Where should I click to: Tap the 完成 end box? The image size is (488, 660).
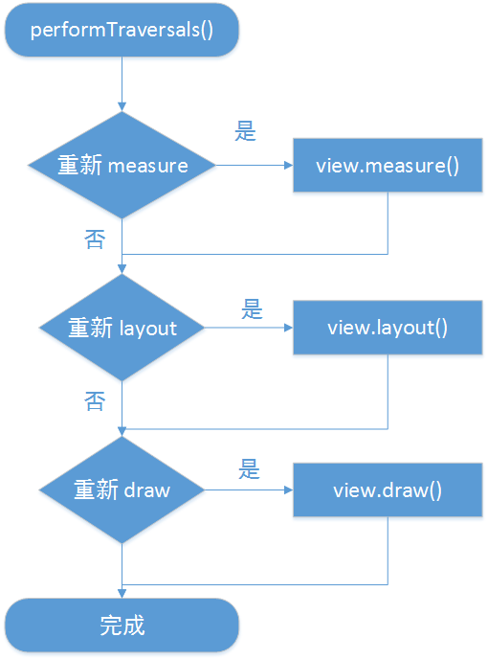(122, 626)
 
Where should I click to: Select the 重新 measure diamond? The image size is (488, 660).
(122, 166)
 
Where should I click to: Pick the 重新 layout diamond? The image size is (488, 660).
(122, 329)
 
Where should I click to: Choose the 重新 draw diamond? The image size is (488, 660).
(122, 490)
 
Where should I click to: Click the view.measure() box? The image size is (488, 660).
(388, 166)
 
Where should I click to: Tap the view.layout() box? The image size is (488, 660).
(388, 329)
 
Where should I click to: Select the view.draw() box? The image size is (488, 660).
(388, 490)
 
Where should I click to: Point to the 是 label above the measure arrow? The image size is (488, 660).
(247, 132)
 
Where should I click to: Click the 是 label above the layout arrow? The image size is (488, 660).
(252, 308)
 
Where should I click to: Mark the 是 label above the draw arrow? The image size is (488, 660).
(250, 469)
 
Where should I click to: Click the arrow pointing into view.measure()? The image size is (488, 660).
(255, 166)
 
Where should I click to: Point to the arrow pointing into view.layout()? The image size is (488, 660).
(249, 329)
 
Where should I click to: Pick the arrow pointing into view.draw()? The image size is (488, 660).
(249, 490)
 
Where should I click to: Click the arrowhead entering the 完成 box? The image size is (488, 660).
(122, 593)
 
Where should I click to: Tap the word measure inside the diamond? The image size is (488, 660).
(148, 166)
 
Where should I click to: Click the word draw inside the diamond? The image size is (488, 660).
(147, 490)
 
